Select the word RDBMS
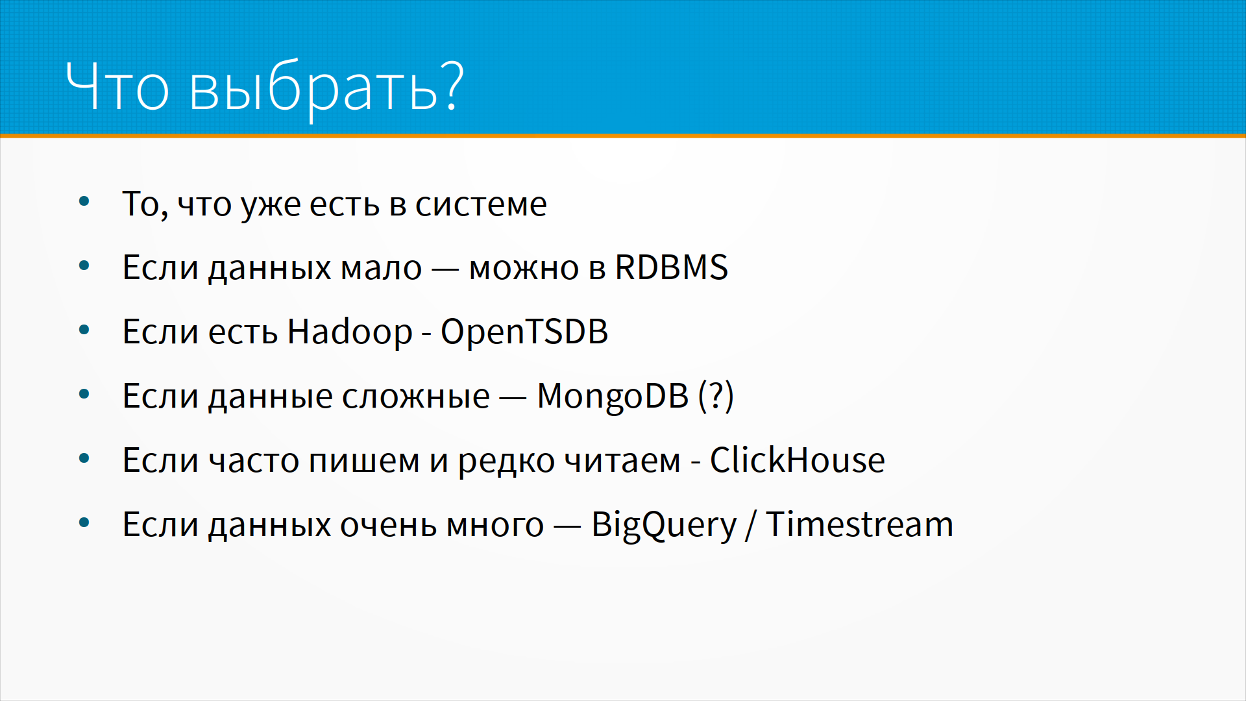[x=672, y=267]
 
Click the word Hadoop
[x=350, y=331]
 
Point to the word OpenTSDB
[x=524, y=332]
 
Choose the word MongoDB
[x=613, y=397]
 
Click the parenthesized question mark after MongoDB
[x=716, y=396]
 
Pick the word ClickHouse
[x=797, y=460]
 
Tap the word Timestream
[x=859, y=524]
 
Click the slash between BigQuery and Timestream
[x=751, y=524]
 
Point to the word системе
[x=481, y=205]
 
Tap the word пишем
[x=364, y=461]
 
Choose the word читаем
[x=622, y=461]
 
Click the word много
[x=495, y=526]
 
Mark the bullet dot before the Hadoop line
[x=84, y=330]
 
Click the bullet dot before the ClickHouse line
[x=84, y=458]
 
